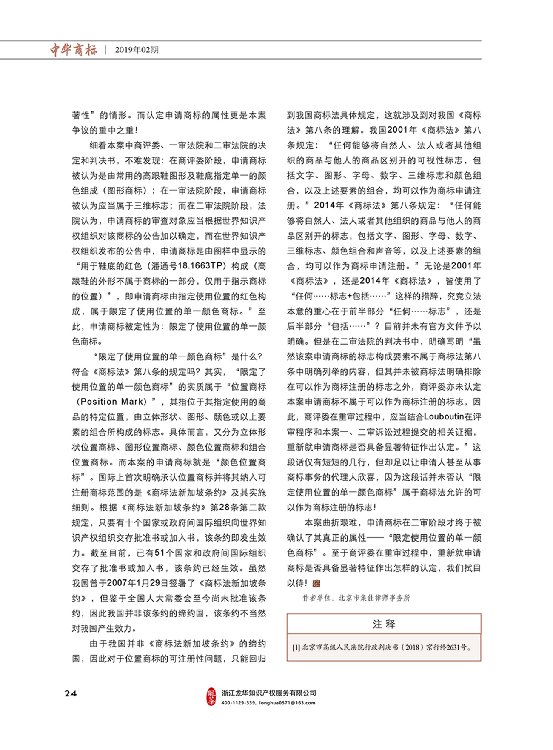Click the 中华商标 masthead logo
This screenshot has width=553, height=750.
pyautogui.click(x=74, y=50)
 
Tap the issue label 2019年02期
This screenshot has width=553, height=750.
pyautogui.click(x=137, y=50)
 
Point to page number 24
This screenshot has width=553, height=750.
pyautogui.click(x=71, y=693)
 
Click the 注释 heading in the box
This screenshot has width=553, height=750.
pyautogui.click(x=384, y=624)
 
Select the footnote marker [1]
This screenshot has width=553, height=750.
pyautogui.click(x=296, y=647)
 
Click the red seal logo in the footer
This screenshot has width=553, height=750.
pyautogui.click(x=211, y=697)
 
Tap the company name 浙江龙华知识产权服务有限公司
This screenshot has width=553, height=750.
pyautogui.click(x=268, y=693)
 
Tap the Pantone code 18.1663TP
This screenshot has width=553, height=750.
pyautogui.click(x=200, y=266)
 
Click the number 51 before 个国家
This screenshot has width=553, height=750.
pyautogui.click(x=159, y=553)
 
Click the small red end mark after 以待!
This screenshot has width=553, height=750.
pyautogui.click(x=316, y=583)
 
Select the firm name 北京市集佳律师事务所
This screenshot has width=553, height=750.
pyautogui.click(x=374, y=598)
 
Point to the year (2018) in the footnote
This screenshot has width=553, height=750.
pyautogui.click(x=412, y=647)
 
